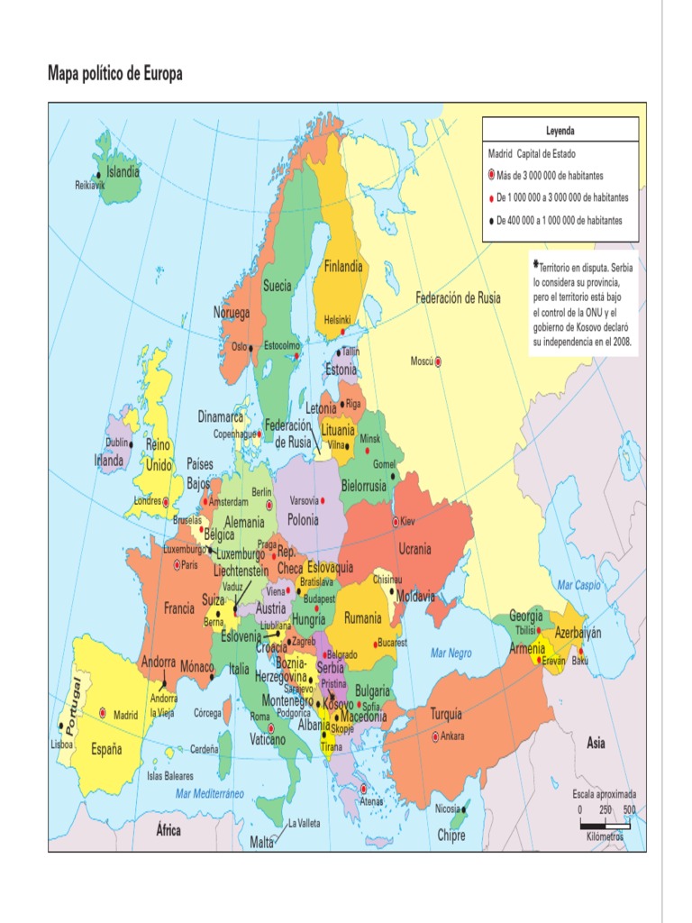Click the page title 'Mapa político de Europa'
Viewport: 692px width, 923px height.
114,74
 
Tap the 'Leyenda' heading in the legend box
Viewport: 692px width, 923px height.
560,131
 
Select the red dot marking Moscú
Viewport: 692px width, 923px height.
439,361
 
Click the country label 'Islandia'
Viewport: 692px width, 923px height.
123,171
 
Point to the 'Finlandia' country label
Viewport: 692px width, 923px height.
343,266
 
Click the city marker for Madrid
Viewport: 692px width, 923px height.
103,712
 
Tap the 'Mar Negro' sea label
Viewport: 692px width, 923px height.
451,652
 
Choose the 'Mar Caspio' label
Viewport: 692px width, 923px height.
578,585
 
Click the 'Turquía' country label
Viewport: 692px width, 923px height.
446,714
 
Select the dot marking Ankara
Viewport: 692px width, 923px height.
435,736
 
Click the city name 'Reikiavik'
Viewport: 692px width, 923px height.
90,185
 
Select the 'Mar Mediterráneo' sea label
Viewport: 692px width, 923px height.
210,793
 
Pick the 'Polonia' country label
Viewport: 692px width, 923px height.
303,519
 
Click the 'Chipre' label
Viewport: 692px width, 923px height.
451,836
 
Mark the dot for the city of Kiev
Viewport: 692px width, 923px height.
395,522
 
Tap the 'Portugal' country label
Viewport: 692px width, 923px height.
68,702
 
